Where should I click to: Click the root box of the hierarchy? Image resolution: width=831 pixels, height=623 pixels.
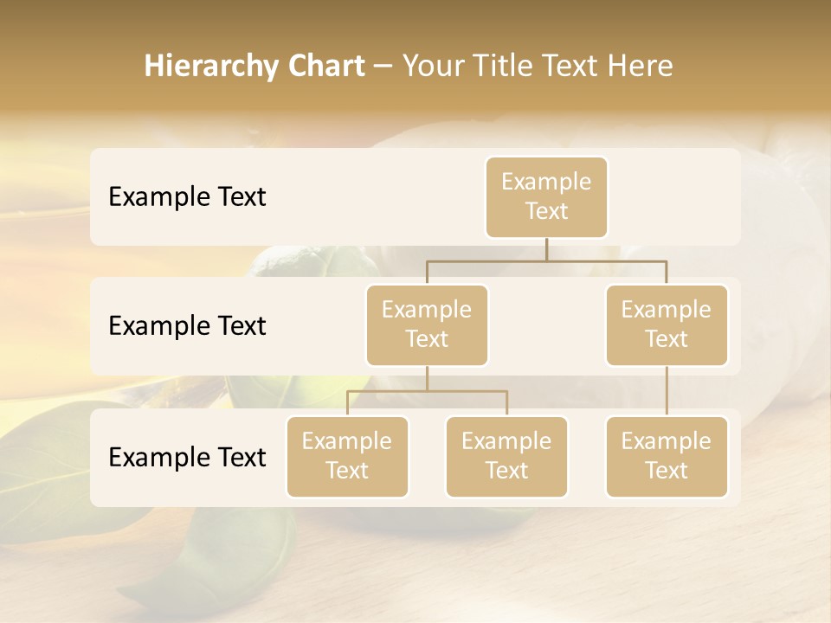point(546,197)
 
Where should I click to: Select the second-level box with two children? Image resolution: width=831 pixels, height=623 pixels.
point(427,325)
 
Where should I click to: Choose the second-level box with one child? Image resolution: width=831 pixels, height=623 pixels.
point(667,325)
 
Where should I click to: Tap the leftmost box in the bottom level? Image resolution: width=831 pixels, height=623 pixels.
point(347,457)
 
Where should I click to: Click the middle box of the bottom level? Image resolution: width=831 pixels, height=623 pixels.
point(506,457)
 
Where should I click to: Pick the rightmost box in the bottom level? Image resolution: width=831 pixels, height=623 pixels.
point(667,457)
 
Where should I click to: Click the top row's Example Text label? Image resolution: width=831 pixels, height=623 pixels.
point(187,197)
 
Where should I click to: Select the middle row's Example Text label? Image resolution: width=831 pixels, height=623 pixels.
point(187,326)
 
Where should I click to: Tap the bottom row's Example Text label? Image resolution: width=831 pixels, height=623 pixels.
point(187,458)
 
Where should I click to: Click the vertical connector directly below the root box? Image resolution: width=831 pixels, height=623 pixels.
point(546,249)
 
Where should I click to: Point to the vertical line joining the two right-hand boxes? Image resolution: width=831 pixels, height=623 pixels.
point(667,391)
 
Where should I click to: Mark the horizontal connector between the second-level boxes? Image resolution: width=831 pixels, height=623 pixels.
point(546,260)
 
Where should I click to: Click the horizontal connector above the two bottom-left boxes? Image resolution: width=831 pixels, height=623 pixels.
point(427,391)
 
